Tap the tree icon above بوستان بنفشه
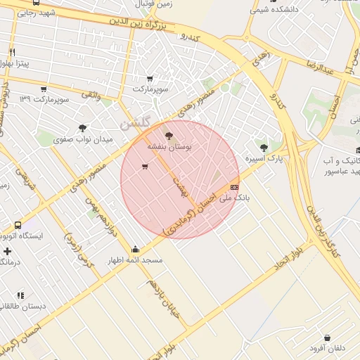pos(168,136)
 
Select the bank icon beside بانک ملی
pos(234,187)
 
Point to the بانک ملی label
pos(234,198)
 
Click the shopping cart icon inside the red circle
pos(145,167)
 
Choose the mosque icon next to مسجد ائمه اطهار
pos(135,249)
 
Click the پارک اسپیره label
pos(264,159)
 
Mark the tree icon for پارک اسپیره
pos(264,148)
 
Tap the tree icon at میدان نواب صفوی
pos(84,128)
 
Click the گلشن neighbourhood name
pos(135,122)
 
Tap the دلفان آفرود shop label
pos(327,348)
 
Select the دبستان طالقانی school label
pos(22,307)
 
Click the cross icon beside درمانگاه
pos(7,251)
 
